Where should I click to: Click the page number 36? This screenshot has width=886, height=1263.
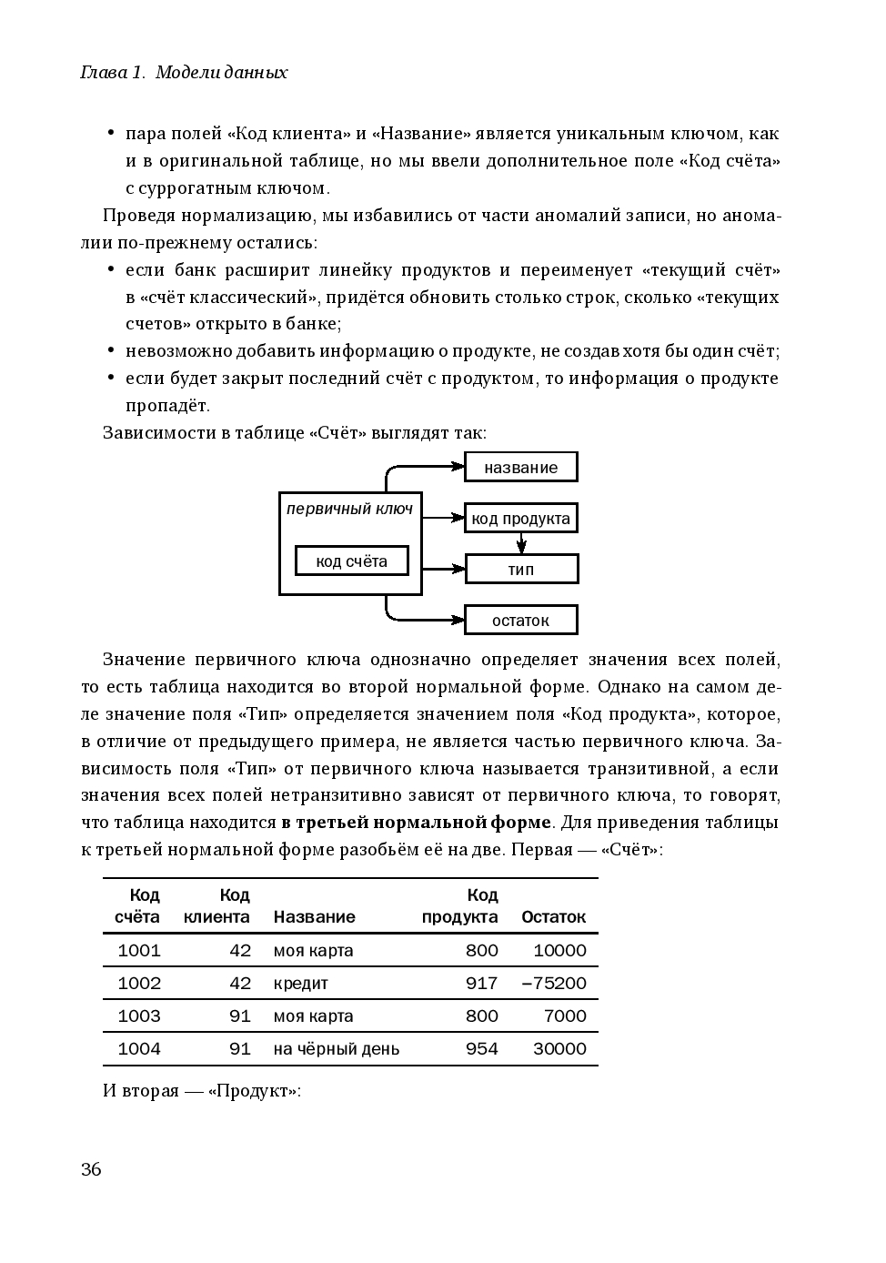click(91, 1169)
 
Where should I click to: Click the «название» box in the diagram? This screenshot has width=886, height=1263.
click(520, 468)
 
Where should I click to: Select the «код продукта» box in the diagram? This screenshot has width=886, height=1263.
click(520, 519)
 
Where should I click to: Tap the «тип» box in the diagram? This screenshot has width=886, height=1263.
click(521, 570)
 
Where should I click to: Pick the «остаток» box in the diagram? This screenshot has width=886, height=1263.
click(520, 621)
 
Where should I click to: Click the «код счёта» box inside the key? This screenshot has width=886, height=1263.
click(351, 561)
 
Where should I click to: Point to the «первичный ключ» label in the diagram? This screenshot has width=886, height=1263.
click(349, 510)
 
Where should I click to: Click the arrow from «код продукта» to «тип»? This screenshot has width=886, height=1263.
click(521, 544)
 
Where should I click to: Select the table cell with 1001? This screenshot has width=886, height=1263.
click(139, 951)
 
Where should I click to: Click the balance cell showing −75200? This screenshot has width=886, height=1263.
click(554, 984)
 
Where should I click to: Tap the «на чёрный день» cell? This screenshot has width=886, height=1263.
click(337, 1049)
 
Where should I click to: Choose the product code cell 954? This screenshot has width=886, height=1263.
click(481, 1049)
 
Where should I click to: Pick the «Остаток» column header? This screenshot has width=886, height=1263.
click(553, 917)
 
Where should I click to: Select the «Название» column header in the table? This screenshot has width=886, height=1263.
click(314, 917)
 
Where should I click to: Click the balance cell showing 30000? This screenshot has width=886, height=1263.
click(559, 1049)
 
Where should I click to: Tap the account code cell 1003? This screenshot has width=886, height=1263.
click(139, 1016)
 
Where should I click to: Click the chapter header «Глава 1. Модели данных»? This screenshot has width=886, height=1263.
click(184, 73)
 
